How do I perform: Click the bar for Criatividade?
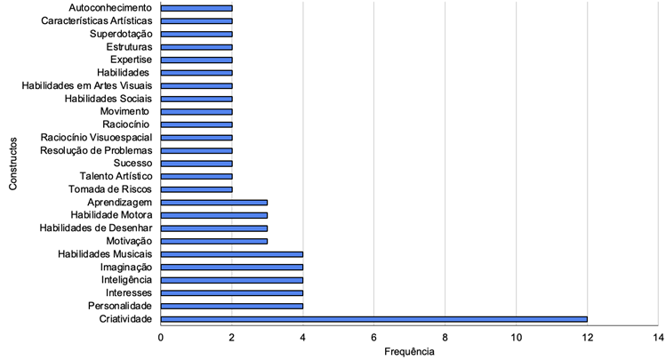(x=373, y=319)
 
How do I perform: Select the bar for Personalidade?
(x=232, y=306)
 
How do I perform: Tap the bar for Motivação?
(x=214, y=241)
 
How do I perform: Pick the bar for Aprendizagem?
(x=214, y=202)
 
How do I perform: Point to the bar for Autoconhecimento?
(x=197, y=7)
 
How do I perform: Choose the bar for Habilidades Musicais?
(x=232, y=254)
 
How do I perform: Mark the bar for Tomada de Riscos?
(x=197, y=189)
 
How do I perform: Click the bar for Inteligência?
(x=232, y=280)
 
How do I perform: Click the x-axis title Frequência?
(x=409, y=352)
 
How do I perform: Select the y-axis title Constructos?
(x=13, y=163)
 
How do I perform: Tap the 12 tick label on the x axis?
(x=587, y=338)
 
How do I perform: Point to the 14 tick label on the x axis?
(x=657, y=338)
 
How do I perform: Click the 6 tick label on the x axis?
(x=373, y=338)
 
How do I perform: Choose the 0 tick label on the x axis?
(x=161, y=338)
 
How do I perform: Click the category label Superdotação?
(x=121, y=34)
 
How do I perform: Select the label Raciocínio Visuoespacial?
(x=96, y=138)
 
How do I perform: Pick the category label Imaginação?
(x=126, y=267)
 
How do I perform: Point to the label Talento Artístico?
(x=115, y=176)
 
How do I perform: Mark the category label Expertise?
(x=130, y=60)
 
